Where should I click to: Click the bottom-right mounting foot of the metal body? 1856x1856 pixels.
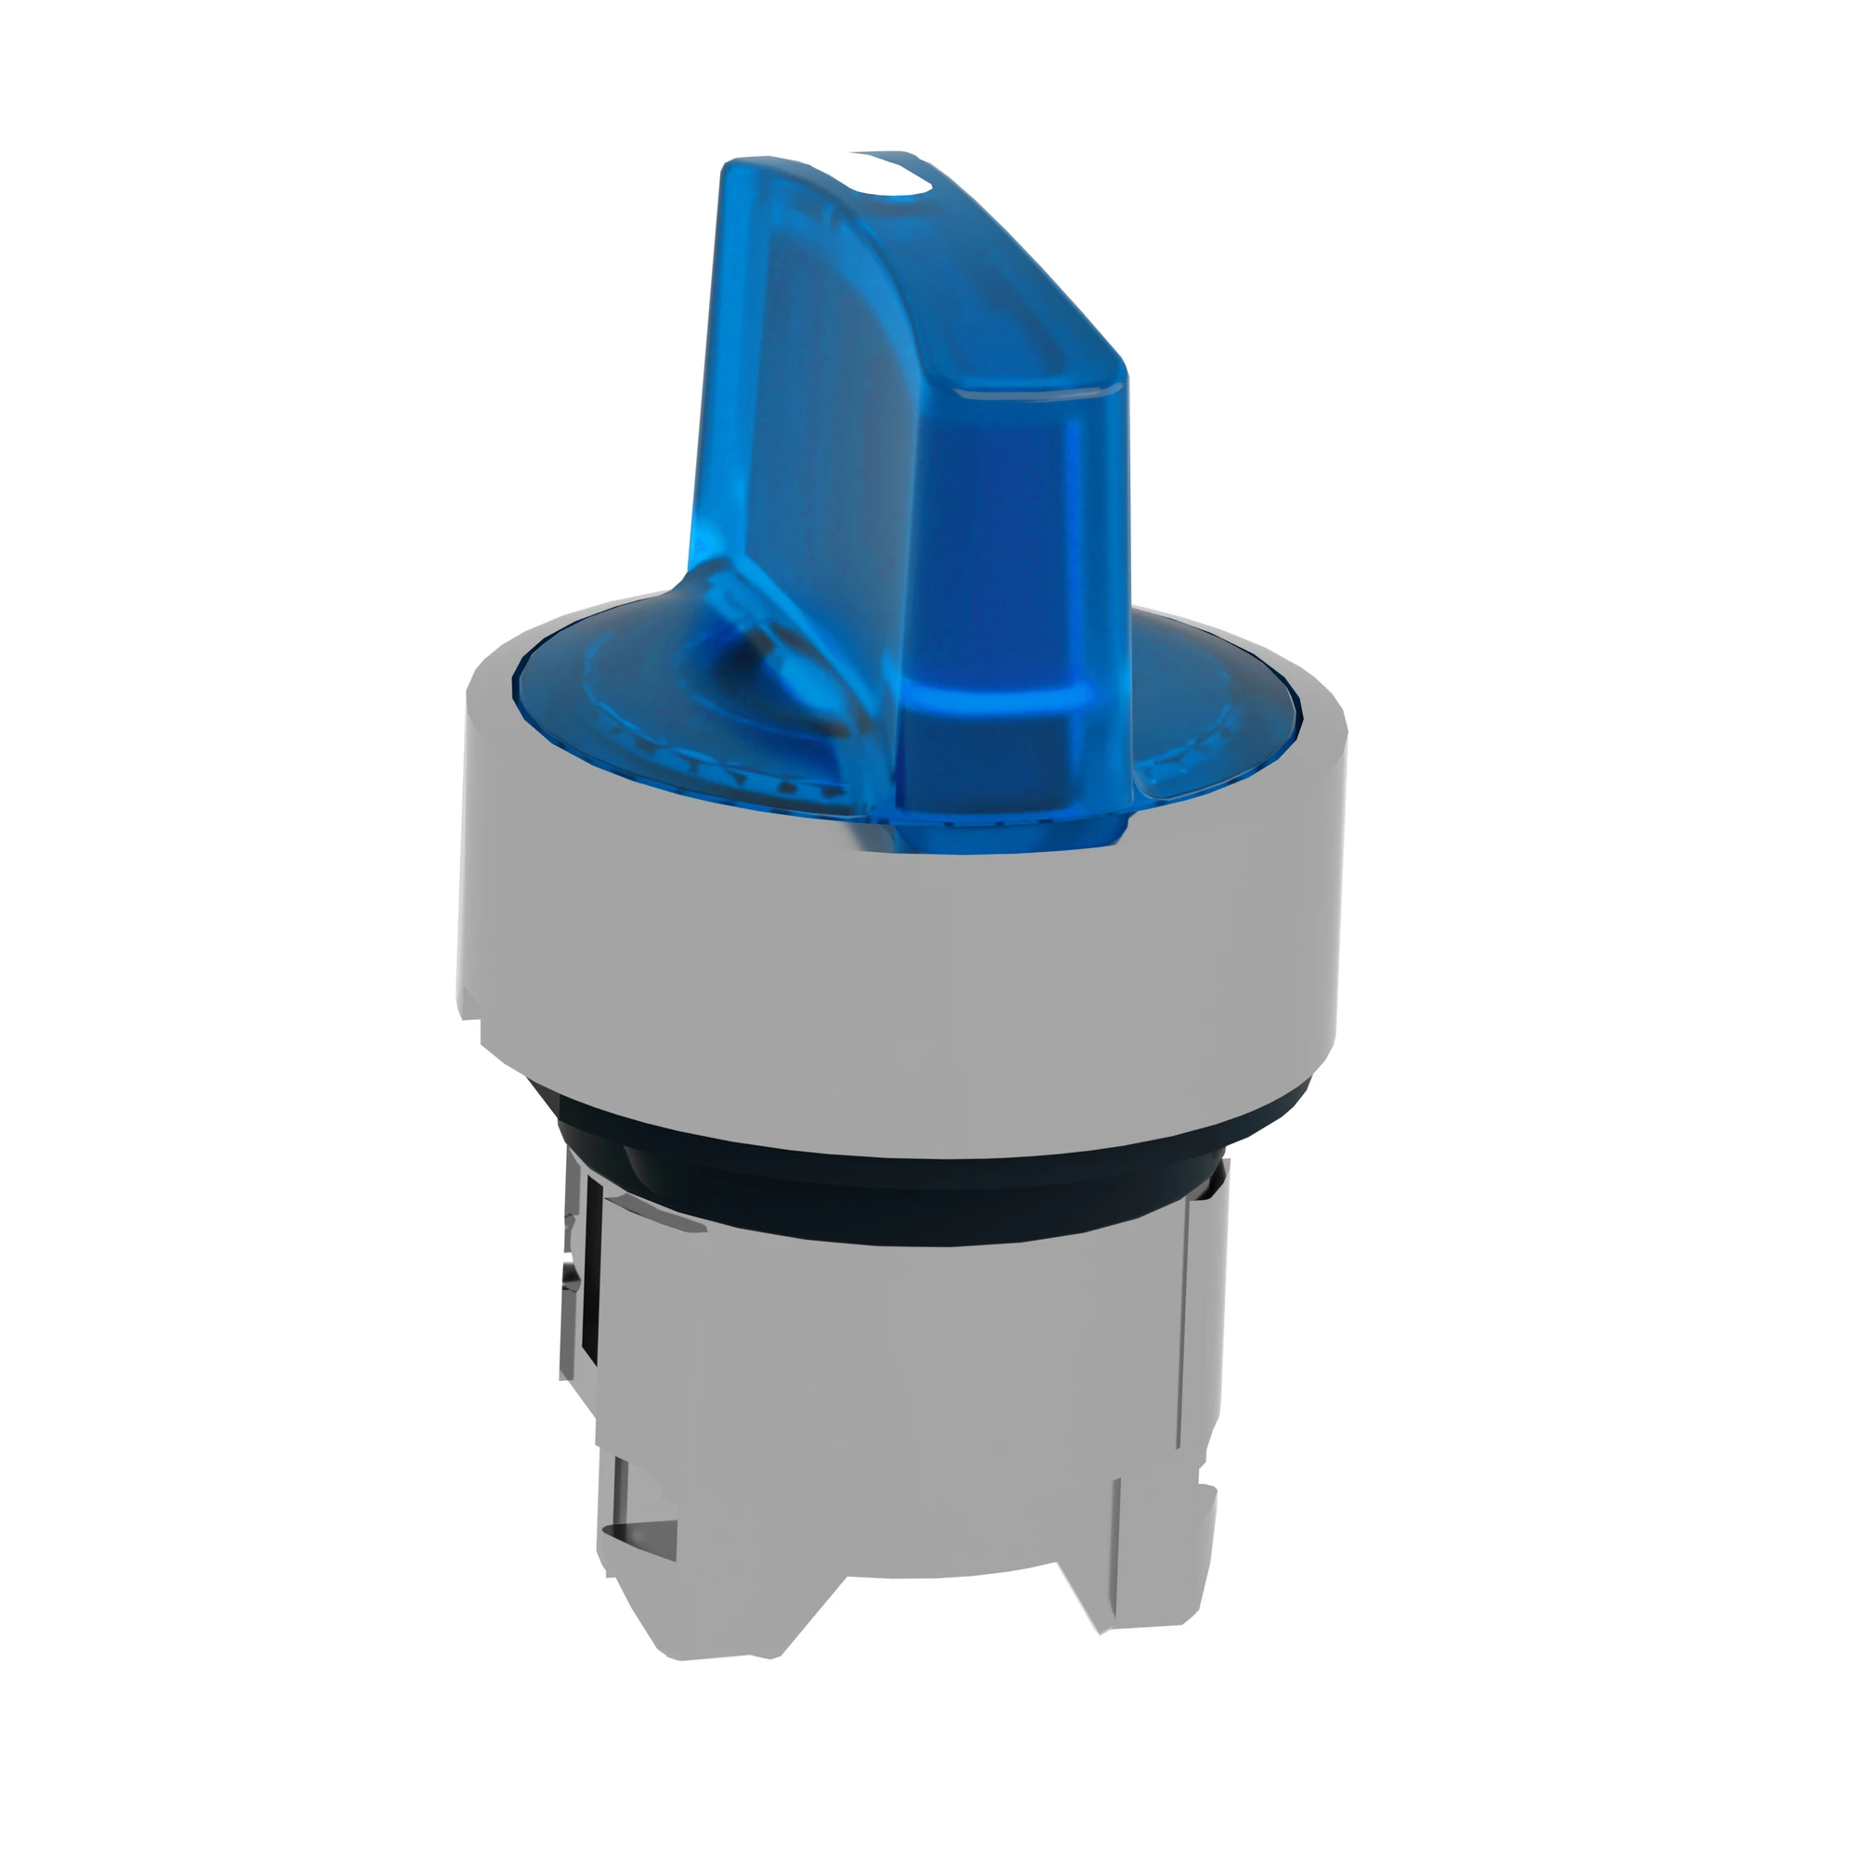(x=1153, y=1594)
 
